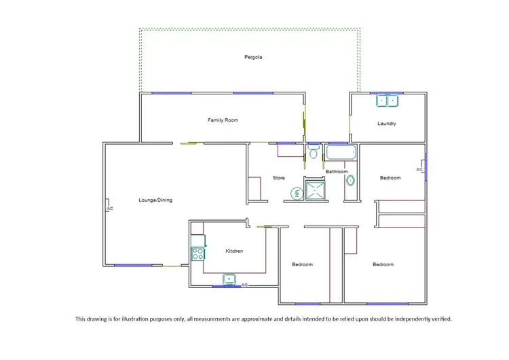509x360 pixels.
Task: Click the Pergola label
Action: click(x=253, y=57)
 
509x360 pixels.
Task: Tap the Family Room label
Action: click(x=223, y=120)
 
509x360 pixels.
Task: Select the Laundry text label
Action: click(x=387, y=124)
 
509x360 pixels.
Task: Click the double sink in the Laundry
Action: click(x=388, y=101)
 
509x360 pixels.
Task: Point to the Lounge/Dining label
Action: click(x=155, y=200)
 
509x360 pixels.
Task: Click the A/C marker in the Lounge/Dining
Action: click(x=109, y=208)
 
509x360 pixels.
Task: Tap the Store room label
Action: click(x=279, y=178)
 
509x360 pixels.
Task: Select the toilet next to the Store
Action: click(x=313, y=153)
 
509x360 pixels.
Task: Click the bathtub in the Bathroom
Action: click(x=341, y=153)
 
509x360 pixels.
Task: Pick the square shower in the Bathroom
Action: click(x=316, y=191)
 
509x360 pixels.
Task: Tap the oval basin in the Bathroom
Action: click(x=350, y=181)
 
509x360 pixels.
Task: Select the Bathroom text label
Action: click(x=337, y=172)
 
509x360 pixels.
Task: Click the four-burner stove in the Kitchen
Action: click(x=198, y=254)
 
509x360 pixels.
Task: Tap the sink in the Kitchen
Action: click(x=230, y=278)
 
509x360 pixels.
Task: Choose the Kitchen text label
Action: click(x=234, y=251)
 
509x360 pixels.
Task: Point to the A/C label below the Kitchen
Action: click(x=244, y=285)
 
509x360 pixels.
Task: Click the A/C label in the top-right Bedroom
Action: click(x=419, y=169)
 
